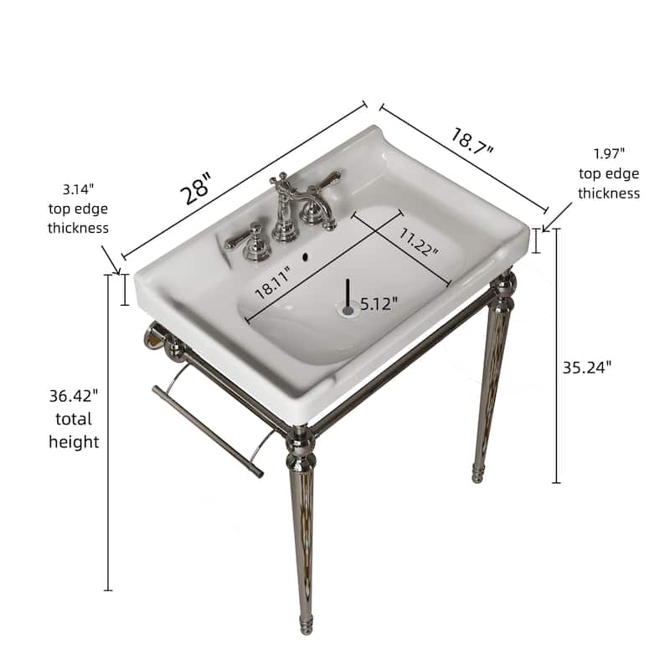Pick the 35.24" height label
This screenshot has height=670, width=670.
click(x=586, y=366)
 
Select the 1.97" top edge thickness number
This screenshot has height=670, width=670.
click(x=609, y=154)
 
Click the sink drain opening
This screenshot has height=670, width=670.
click(x=348, y=310)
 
